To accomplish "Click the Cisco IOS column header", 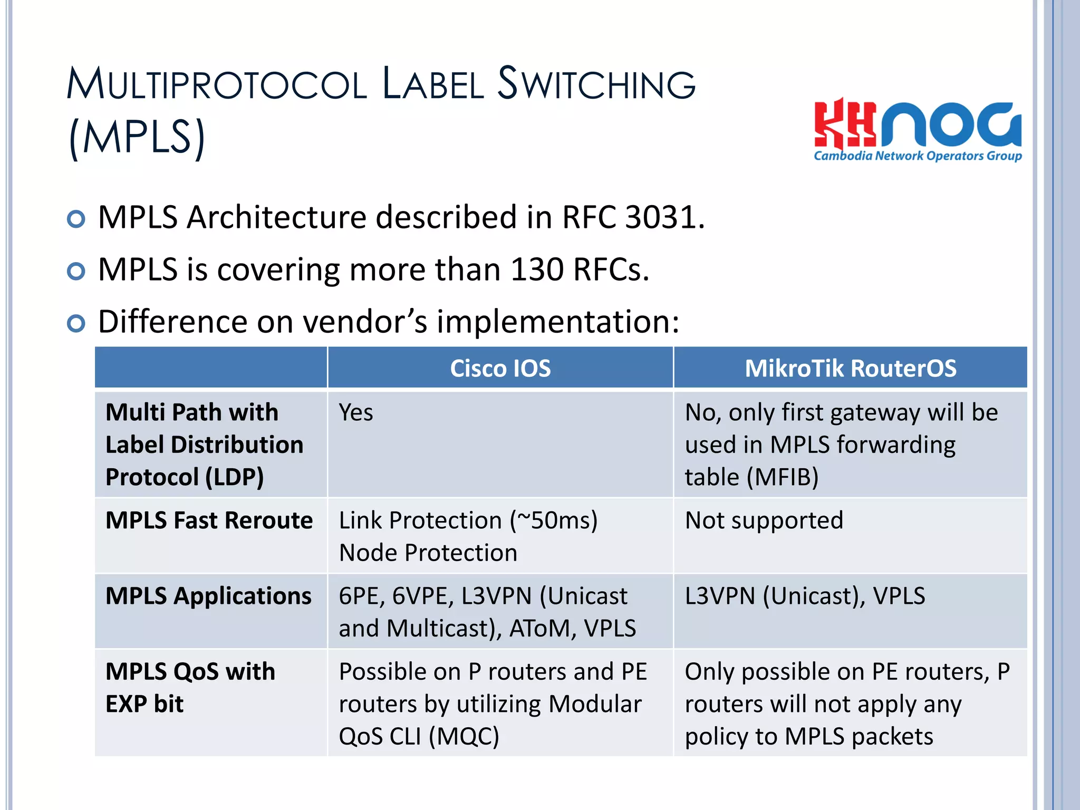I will coord(500,368).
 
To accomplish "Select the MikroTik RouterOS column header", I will coord(850,368).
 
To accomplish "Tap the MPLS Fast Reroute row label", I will coord(209,520).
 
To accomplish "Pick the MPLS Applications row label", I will coord(208,596).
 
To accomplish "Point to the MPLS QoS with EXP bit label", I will coord(190,687).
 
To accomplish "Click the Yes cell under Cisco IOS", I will coord(356,412).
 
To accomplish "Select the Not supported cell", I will coord(764,520).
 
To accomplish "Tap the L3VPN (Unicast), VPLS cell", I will coord(805,596).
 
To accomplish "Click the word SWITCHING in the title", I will coord(596,84).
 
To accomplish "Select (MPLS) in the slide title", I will coord(137,137).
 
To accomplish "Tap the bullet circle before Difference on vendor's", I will coord(76,323).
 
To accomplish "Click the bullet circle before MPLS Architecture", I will coord(76,219).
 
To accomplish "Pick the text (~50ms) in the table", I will coord(553,520).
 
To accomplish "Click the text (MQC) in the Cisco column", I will coord(464,737).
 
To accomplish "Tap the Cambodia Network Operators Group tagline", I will coord(918,156).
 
